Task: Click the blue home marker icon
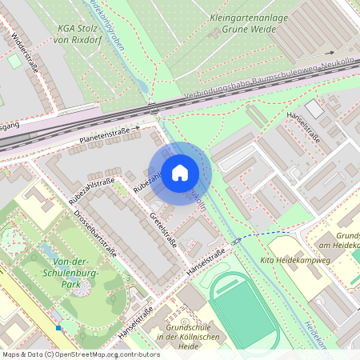180,173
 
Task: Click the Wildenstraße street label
26,53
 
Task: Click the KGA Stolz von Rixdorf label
78,31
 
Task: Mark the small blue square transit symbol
58,327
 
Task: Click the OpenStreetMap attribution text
81,354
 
